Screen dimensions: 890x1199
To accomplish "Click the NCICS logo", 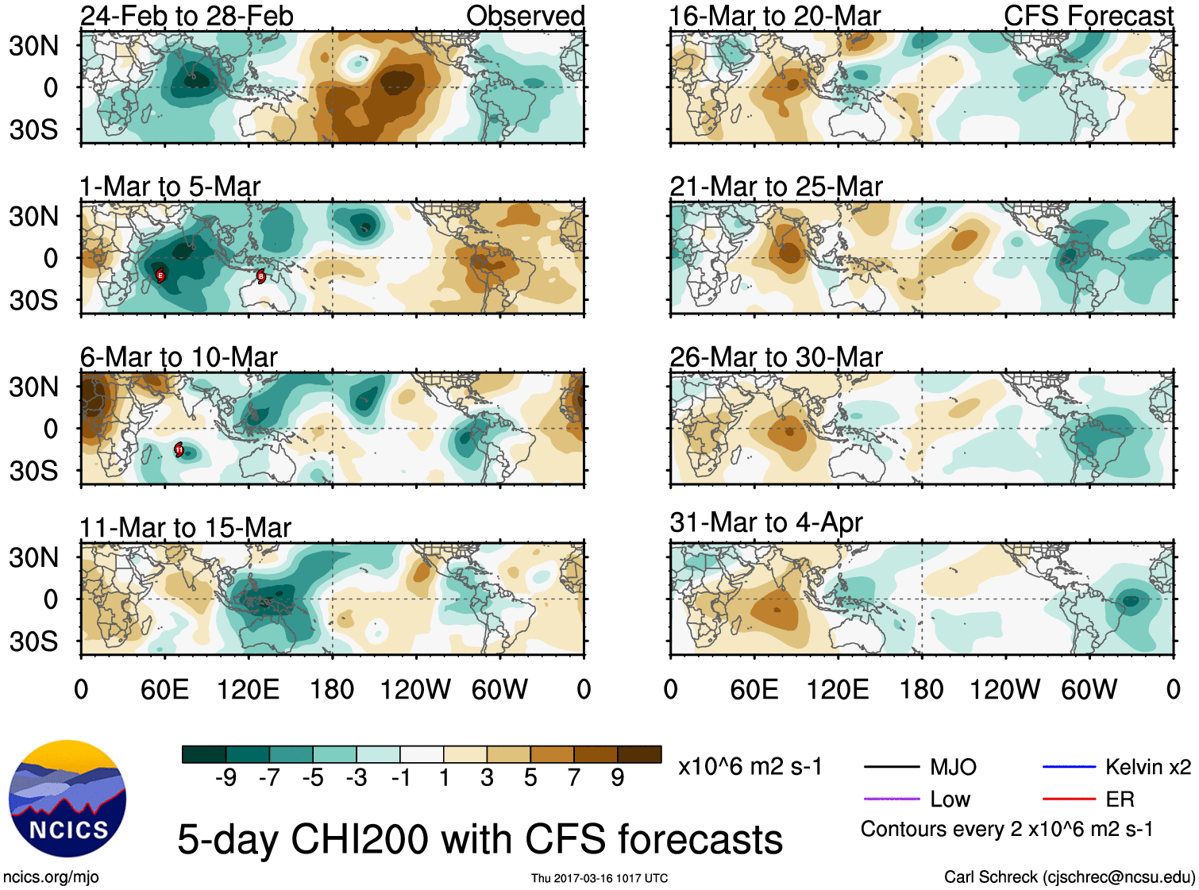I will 67,798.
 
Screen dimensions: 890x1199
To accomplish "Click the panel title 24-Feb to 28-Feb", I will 187,16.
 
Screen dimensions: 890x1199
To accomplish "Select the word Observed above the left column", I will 525,16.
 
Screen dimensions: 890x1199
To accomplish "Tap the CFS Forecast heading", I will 1088,16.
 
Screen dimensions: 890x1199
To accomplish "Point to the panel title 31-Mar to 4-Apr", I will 765,522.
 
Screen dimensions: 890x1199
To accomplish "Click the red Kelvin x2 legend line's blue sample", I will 1069,767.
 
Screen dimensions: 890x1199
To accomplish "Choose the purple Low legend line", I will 891,799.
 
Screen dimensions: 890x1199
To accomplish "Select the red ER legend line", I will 1069,799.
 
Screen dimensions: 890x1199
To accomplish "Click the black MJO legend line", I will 891,767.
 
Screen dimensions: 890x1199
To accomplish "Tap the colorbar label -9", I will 226,777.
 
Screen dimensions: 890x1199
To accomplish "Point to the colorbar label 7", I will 574,777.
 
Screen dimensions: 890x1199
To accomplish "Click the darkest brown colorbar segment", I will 639,754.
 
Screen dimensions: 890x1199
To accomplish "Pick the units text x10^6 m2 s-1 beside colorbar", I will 750,767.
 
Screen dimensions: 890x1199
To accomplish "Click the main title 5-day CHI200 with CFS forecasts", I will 480,839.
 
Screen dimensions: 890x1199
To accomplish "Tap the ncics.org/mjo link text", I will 51,877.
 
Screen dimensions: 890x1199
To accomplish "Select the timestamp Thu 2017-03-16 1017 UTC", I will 599,878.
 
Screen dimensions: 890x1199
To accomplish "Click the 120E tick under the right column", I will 838,689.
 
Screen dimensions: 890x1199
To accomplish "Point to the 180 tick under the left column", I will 332,689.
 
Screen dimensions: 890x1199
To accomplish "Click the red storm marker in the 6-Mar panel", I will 179,449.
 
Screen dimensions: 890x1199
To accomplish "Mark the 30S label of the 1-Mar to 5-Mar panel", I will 33,300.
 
